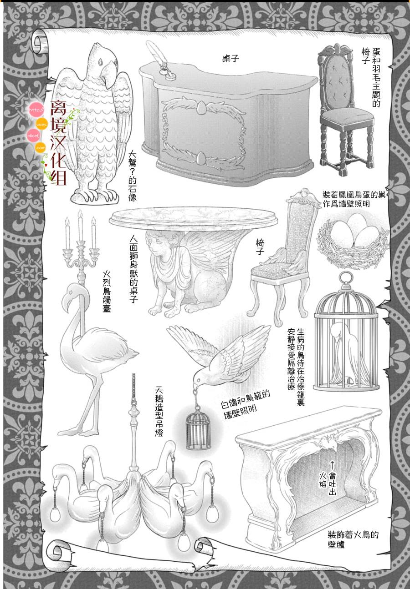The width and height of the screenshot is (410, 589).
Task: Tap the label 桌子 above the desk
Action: [x=231, y=58]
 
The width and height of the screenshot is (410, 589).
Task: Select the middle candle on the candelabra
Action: [x=80, y=227]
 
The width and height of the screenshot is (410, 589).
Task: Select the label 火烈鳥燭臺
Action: [x=107, y=292]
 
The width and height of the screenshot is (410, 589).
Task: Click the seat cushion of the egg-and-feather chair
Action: [x=347, y=116]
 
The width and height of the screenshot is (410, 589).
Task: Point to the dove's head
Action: [x=199, y=378]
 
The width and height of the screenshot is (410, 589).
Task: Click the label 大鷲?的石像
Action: [x=133, y=176]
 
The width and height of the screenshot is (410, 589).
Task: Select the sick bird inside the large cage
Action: [x=345, y=353]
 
